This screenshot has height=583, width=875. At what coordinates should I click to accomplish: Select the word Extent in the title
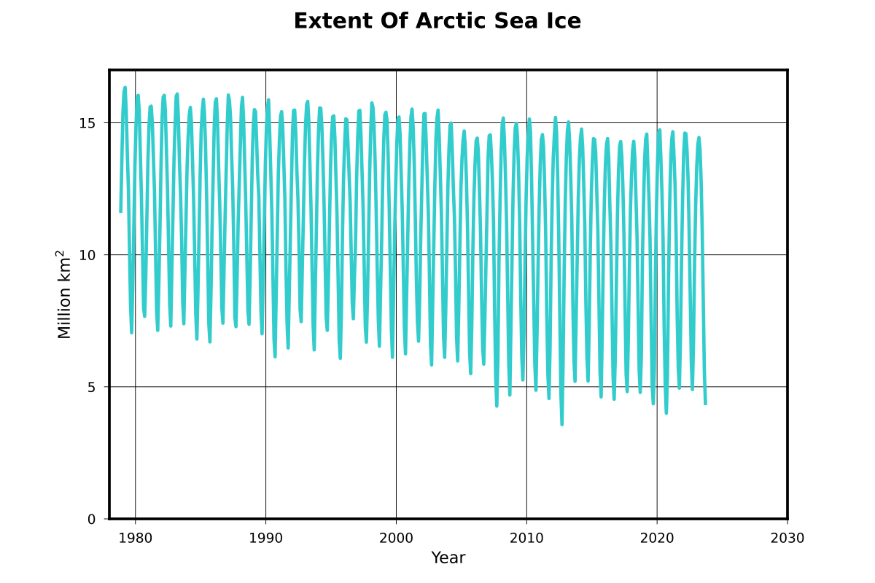tap(332, 22)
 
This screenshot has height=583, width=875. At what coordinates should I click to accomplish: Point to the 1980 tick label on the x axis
tap(136, 539)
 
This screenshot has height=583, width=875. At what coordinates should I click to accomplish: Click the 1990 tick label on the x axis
tap(265, 539)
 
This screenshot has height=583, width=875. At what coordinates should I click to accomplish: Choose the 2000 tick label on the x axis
tap(396, 539)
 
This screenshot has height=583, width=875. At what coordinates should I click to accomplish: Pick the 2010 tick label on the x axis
tap(526, 539)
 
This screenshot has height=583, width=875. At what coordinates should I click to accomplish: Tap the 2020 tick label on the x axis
tap(657, 539)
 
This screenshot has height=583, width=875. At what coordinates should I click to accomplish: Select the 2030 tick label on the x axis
tap(787, 539)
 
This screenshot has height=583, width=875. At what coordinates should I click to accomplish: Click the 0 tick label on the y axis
tap(92, 519)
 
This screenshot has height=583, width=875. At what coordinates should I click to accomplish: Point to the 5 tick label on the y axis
tap(92, 387)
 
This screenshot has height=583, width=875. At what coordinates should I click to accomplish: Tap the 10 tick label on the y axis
tap(87, 255)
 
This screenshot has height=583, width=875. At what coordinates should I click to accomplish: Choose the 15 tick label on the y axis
tap(87, 123)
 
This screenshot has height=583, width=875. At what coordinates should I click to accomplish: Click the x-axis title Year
tap(448, 558)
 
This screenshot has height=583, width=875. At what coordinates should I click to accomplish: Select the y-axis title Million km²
tap(64, 294)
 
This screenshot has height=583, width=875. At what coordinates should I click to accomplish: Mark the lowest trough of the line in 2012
tap(561, 424)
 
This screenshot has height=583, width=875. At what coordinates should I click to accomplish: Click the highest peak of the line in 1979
tap(125, 87)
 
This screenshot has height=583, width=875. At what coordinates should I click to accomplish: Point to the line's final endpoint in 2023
tap(705, 404)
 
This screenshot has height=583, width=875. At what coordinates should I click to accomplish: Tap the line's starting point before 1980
tap(121, 211)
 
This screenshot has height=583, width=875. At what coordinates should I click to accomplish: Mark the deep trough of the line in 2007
tap(497, 406)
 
